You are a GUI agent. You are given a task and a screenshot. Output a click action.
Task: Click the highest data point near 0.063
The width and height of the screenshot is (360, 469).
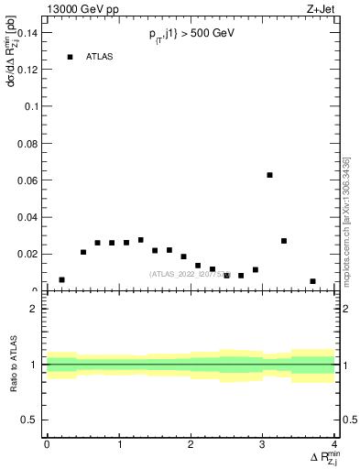(x=269, y=175)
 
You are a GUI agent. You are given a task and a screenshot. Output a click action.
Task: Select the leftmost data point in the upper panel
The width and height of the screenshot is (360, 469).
(x=61, y=279)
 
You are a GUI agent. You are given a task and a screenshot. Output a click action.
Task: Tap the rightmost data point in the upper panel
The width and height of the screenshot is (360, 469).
(x=312, y=281)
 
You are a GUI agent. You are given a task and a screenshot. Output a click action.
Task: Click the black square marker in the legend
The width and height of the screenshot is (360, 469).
(x=70, y=57)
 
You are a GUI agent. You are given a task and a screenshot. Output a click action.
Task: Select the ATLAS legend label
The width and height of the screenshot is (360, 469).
(x=99, y=57)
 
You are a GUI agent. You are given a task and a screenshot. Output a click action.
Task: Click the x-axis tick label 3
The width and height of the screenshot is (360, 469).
(x=263, y=443)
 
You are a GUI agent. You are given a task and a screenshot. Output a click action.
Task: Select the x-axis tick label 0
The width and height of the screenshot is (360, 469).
(x=47, y=443)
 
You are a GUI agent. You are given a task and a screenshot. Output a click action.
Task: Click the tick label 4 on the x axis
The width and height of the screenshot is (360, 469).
(x=334, y=443)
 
